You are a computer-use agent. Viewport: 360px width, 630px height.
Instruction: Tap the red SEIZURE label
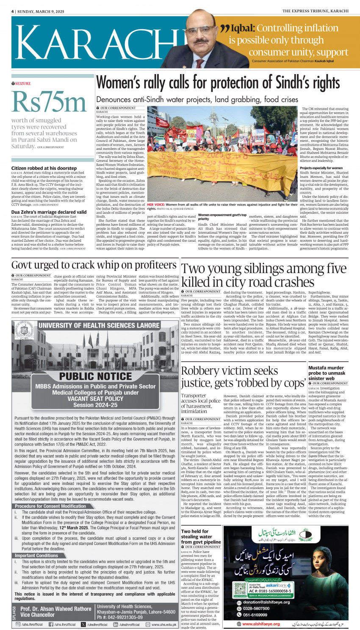click(x=22, y=84)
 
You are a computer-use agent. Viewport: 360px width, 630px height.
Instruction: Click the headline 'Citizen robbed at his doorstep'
click(x=44, y=168)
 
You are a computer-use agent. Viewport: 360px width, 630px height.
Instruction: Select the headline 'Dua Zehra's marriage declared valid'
click(x=49, y=212)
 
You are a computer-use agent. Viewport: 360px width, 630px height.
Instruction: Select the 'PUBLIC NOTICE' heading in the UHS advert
click(x=95, y=376)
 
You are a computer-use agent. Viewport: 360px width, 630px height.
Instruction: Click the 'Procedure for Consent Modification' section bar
click(x=50, y=506)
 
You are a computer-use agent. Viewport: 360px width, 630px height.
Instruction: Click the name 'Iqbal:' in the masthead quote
click(x=243, y=28)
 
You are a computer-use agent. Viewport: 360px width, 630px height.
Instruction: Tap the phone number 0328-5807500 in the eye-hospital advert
click(x=256, y=608)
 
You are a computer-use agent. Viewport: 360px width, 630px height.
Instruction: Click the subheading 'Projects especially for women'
click(x=321, y=168)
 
